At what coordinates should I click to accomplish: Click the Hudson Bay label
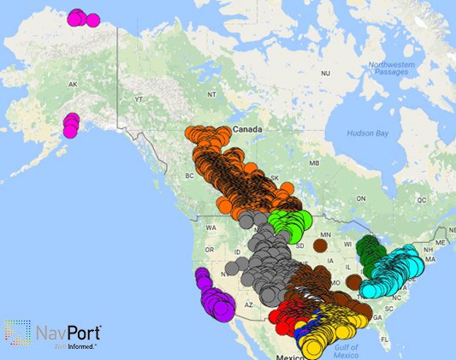[368, 133]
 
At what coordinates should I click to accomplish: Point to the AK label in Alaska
[73, 85]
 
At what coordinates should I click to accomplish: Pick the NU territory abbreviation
[325, 74]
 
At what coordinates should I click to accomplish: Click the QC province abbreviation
[421, 198]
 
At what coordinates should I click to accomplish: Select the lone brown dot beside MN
[320, 245]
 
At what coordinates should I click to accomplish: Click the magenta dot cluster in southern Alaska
[70, 126]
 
